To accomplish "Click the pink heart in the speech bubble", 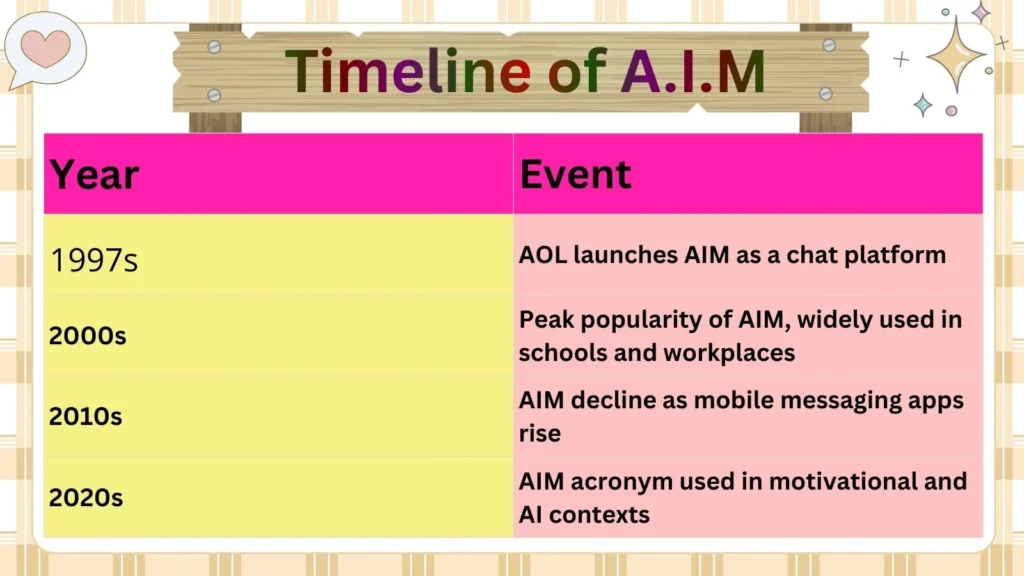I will pos(46,47).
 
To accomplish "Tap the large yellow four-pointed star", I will pos(956,54).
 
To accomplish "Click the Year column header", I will pos(94,174).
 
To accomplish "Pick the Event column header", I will pos(575,174).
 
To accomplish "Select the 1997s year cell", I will pos(94,260).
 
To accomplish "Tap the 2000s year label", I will pos(88,336).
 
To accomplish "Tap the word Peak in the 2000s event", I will pos(545,320).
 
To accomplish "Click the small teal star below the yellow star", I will pos(922,105).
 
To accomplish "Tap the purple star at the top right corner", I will pos(981,12).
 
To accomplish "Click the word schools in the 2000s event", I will pos(565,352).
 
